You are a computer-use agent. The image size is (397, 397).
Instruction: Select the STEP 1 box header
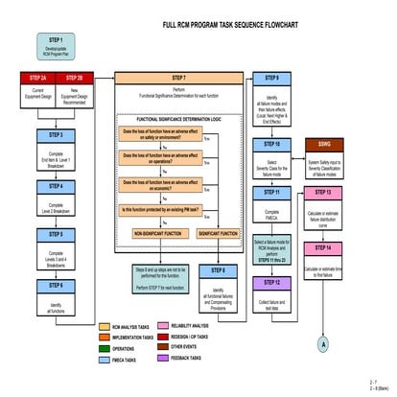coord(58,40)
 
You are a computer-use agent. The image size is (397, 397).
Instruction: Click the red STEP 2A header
coord(37,77)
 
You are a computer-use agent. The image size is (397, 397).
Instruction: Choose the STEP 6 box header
coord(57,285)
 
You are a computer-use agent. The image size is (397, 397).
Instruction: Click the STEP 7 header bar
coord(178,77)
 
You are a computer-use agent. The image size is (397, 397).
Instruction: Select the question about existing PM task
coord(159,209)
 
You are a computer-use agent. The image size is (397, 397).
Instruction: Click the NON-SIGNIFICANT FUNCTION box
coord(157,233)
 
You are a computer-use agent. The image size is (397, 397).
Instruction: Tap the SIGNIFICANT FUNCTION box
coord(218,233)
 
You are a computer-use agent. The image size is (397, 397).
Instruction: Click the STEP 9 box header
coord(271,78)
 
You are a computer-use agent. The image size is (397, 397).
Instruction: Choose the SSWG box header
coord(324,143)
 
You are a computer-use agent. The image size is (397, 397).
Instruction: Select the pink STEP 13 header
coord(324,193)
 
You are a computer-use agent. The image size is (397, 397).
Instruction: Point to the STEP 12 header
coord(271,283)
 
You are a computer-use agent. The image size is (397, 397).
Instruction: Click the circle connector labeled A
coord(324,342)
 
